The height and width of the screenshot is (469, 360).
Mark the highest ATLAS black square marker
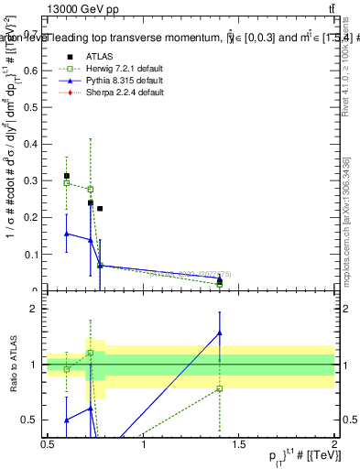tap(67, 176)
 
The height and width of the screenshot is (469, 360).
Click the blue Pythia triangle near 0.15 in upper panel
tap(67, 234)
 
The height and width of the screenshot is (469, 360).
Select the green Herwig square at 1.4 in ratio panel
tap(220, 388)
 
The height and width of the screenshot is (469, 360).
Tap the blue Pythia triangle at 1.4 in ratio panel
tap(220, 333)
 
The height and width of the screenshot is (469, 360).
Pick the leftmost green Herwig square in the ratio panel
tap(67, 369)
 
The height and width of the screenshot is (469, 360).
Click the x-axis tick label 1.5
tap(239, 444)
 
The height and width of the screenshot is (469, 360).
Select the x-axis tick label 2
tap(334, 444)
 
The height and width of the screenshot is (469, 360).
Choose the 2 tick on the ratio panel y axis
tap(37, 309)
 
